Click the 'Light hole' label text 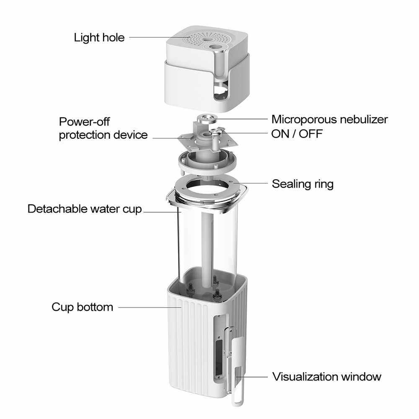pos(99,38)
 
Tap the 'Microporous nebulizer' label pos(329,119)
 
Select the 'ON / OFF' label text pos(297,134)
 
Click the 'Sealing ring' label pos(303,184)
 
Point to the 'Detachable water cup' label pos(85,209)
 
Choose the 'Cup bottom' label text pos(82,307)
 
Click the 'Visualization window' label pos(327,376)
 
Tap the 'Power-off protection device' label pos(103,129)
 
